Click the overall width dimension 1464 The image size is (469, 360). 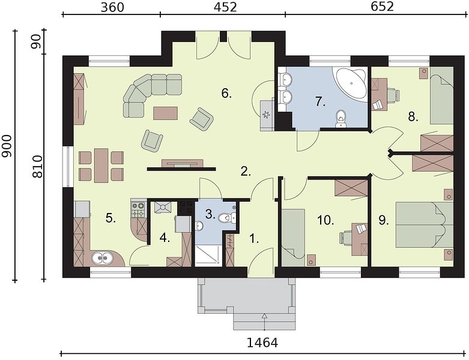(262, 343)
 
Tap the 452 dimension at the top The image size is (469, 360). (225, 7)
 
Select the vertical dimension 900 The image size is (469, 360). (7, 146)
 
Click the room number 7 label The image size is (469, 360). (320, 101)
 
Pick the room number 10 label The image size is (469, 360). (325, 221)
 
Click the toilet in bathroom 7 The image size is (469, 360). (340, 119)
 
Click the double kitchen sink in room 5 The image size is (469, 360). (101, 258)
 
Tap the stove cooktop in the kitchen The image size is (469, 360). (138, 210)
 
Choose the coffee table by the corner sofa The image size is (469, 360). (165, 113)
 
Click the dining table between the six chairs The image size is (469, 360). (101, 166)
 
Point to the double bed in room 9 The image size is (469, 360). (425, 225)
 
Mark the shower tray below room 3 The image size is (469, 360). (208, 255)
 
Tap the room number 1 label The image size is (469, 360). (254, 239)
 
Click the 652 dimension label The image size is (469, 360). (383, 7)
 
